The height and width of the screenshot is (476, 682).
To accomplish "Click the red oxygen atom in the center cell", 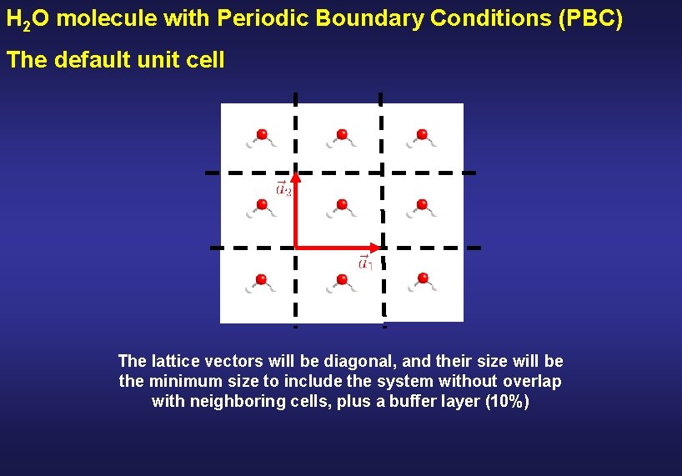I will (x=341, y=203).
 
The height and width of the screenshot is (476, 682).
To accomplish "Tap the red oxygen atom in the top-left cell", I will (x=262, y=133).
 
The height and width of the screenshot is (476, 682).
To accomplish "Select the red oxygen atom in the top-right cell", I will (x=422, y=133).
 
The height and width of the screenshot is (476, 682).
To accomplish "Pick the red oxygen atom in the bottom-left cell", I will (x=262, y=278).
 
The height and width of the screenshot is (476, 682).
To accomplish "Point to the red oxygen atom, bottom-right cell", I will (x=422, y=278).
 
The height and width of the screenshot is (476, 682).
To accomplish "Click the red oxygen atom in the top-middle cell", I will (x=341, y=133).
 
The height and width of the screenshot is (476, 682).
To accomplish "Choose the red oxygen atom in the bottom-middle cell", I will (x=341, y=278).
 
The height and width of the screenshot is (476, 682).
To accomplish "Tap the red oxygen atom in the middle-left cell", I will (x=262, y=203).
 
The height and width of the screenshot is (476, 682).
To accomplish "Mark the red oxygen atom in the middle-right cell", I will (x=422, y=203).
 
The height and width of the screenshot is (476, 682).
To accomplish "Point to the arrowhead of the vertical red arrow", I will (x=295, y=178).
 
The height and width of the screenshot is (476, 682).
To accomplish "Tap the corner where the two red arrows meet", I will (x=296, y=247).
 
